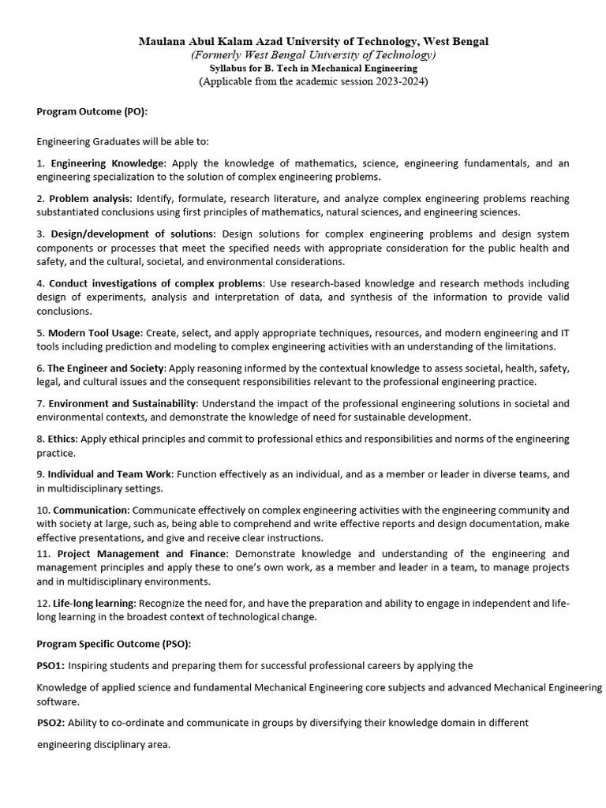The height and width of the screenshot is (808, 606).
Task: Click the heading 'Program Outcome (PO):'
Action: (x=92, y=111)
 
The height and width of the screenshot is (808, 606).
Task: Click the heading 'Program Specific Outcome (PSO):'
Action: (x=114, y=644)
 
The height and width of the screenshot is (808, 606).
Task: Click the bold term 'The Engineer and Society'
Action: (x=106, y=368)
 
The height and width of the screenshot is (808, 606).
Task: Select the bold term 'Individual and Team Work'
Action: (x=110, y=474)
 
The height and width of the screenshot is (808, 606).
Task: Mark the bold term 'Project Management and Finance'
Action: (x=142, y=554)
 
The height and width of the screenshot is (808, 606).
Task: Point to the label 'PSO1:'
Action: (x=51, y=666)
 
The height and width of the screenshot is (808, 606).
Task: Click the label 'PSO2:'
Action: (x=51, y=722)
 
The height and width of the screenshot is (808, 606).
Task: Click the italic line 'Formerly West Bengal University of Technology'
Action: (x=313, y=54)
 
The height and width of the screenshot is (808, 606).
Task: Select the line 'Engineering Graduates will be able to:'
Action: (x=122, y=141)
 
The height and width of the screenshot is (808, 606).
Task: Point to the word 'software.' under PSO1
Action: (x=58, y=701)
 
